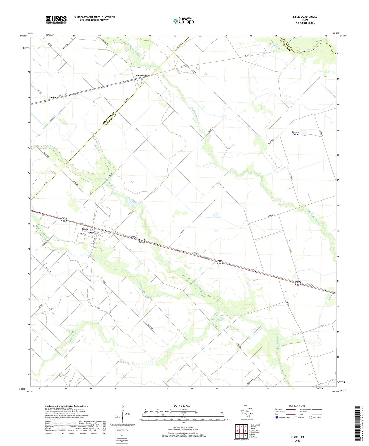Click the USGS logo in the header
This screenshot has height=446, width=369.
56,20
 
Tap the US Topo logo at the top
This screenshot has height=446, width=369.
183,21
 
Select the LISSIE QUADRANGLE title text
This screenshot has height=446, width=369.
305,17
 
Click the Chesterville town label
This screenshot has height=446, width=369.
141,76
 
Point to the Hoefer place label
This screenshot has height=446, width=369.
52,97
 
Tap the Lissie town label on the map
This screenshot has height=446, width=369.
85,229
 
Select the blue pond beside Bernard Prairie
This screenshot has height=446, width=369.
303,133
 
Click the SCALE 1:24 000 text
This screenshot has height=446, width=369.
182,406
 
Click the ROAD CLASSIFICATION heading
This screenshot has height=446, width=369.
297,406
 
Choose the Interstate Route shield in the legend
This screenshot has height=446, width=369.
277,418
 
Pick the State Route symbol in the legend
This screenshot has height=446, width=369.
311,418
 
